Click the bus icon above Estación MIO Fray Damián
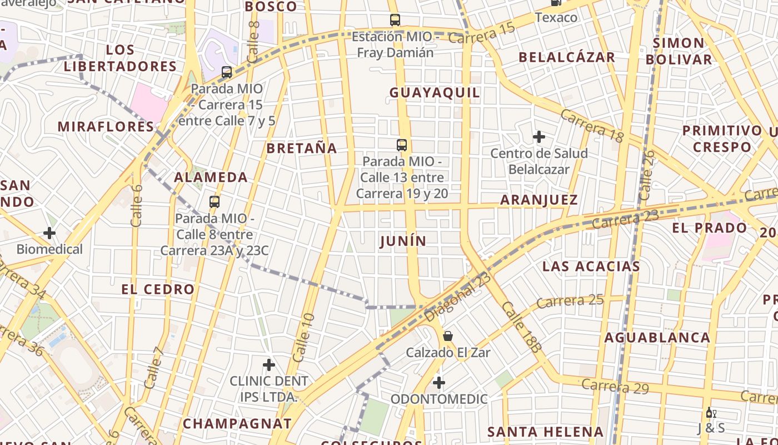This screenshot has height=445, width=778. click(x=395, y=20)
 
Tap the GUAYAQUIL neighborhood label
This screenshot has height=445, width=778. click(x=435, y=92)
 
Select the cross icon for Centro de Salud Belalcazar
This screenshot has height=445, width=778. click(x=538, y=136)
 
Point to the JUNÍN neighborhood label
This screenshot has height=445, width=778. click(x=403, y=241)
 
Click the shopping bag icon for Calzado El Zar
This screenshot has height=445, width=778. click(x=448, y=336)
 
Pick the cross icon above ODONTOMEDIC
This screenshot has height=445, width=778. click(x=439, y=383)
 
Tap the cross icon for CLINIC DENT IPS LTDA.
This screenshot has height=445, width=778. click(x=269, y=365)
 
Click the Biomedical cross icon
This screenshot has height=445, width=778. click(x=49, y=233)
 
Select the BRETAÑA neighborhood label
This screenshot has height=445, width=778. click(x=302, y=148)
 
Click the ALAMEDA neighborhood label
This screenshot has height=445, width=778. click(x=211, y=177)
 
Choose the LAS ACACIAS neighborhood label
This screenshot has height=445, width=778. click(x=591, y=266)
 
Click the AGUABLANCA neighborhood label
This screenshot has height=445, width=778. click(x=657, y=338)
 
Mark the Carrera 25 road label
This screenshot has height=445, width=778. click(x=570, y=301)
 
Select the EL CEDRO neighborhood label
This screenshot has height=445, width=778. click(x=158, y=289)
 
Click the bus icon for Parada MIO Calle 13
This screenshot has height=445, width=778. click(x=402, y=145)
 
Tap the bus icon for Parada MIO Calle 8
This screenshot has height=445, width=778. click(x=215, y=202)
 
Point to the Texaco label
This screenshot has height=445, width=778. click(x=556, y=17)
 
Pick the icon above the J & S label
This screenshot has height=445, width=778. click(x=710, y=413)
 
